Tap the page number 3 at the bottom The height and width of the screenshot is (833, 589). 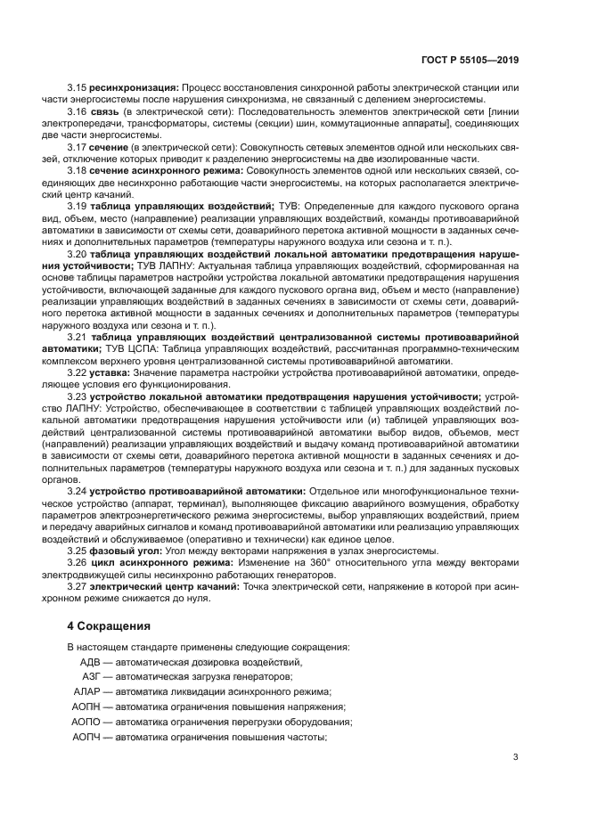(x=515, y=757)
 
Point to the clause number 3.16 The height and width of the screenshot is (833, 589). (x=77, y=112)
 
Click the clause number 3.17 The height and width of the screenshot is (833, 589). (x=77, y=146)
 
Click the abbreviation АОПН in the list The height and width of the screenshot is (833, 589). (x=87, y=706)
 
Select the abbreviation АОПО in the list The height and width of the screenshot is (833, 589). (x=87, y=722)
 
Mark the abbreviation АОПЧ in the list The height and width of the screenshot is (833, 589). (x=87, y=737)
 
